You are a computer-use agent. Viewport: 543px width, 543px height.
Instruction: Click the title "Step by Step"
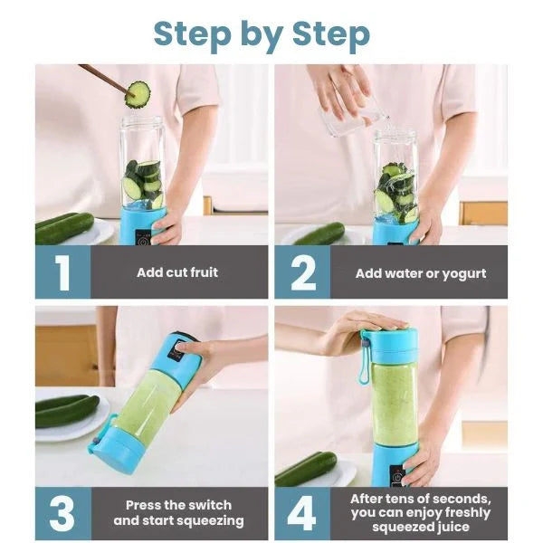(x=262, y=33)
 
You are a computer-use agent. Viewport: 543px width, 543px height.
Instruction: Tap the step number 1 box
(x=62, y=272)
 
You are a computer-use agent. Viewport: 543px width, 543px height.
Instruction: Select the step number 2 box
(x=302, y=272)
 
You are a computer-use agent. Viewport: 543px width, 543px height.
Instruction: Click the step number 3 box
(x=62, y=513)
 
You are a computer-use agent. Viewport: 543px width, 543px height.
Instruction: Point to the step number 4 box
(x=302, y=513)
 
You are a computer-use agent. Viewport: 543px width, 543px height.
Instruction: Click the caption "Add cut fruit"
(x=177, y=272)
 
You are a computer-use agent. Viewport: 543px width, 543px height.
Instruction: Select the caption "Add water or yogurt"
(x=420, y=272)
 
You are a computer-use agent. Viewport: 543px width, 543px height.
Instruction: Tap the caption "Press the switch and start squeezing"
(x=178, y=513)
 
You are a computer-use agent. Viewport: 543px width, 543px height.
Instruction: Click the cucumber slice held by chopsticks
(x=138, y=93)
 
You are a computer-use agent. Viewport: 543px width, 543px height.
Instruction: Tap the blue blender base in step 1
(x=143, y=224)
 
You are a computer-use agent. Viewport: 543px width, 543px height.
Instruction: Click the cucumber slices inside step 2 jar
(x=395, y=190)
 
